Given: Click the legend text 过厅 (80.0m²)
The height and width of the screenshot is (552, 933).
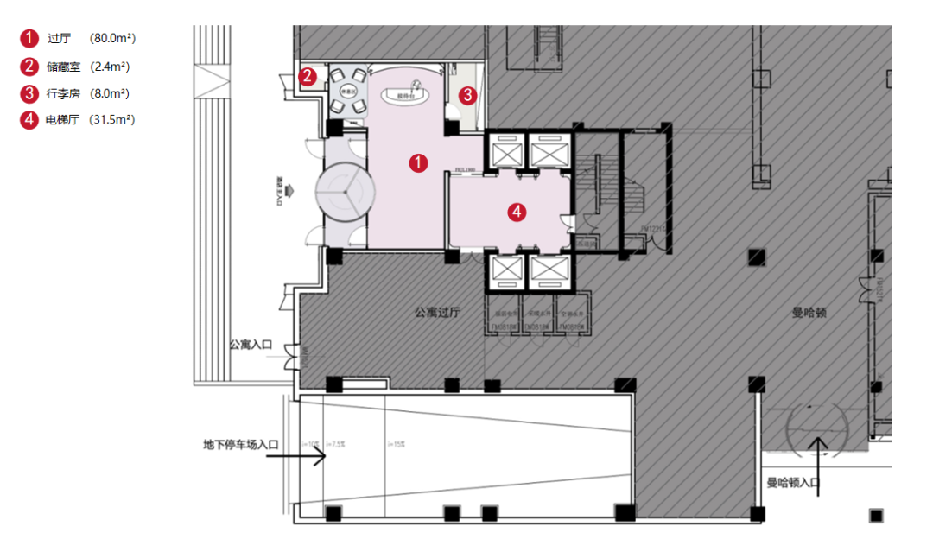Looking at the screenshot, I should (x=92, y=39).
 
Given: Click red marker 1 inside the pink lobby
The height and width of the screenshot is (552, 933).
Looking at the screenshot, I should (x=419, y=162).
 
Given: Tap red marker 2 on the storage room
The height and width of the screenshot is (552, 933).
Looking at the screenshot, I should (x=308, y=77).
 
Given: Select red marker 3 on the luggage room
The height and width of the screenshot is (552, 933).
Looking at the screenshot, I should (x=467, y=95).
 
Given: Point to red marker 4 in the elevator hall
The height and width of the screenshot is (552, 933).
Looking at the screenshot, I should (x=516, y=211).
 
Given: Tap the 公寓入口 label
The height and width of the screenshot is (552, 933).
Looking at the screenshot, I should (x=251, y=346).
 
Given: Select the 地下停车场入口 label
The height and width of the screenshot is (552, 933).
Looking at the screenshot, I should (x=242, y=445).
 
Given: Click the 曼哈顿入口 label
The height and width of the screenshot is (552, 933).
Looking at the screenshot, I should (x=791, y=484).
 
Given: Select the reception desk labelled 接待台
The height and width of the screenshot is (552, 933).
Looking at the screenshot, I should (x=407, y=95).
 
